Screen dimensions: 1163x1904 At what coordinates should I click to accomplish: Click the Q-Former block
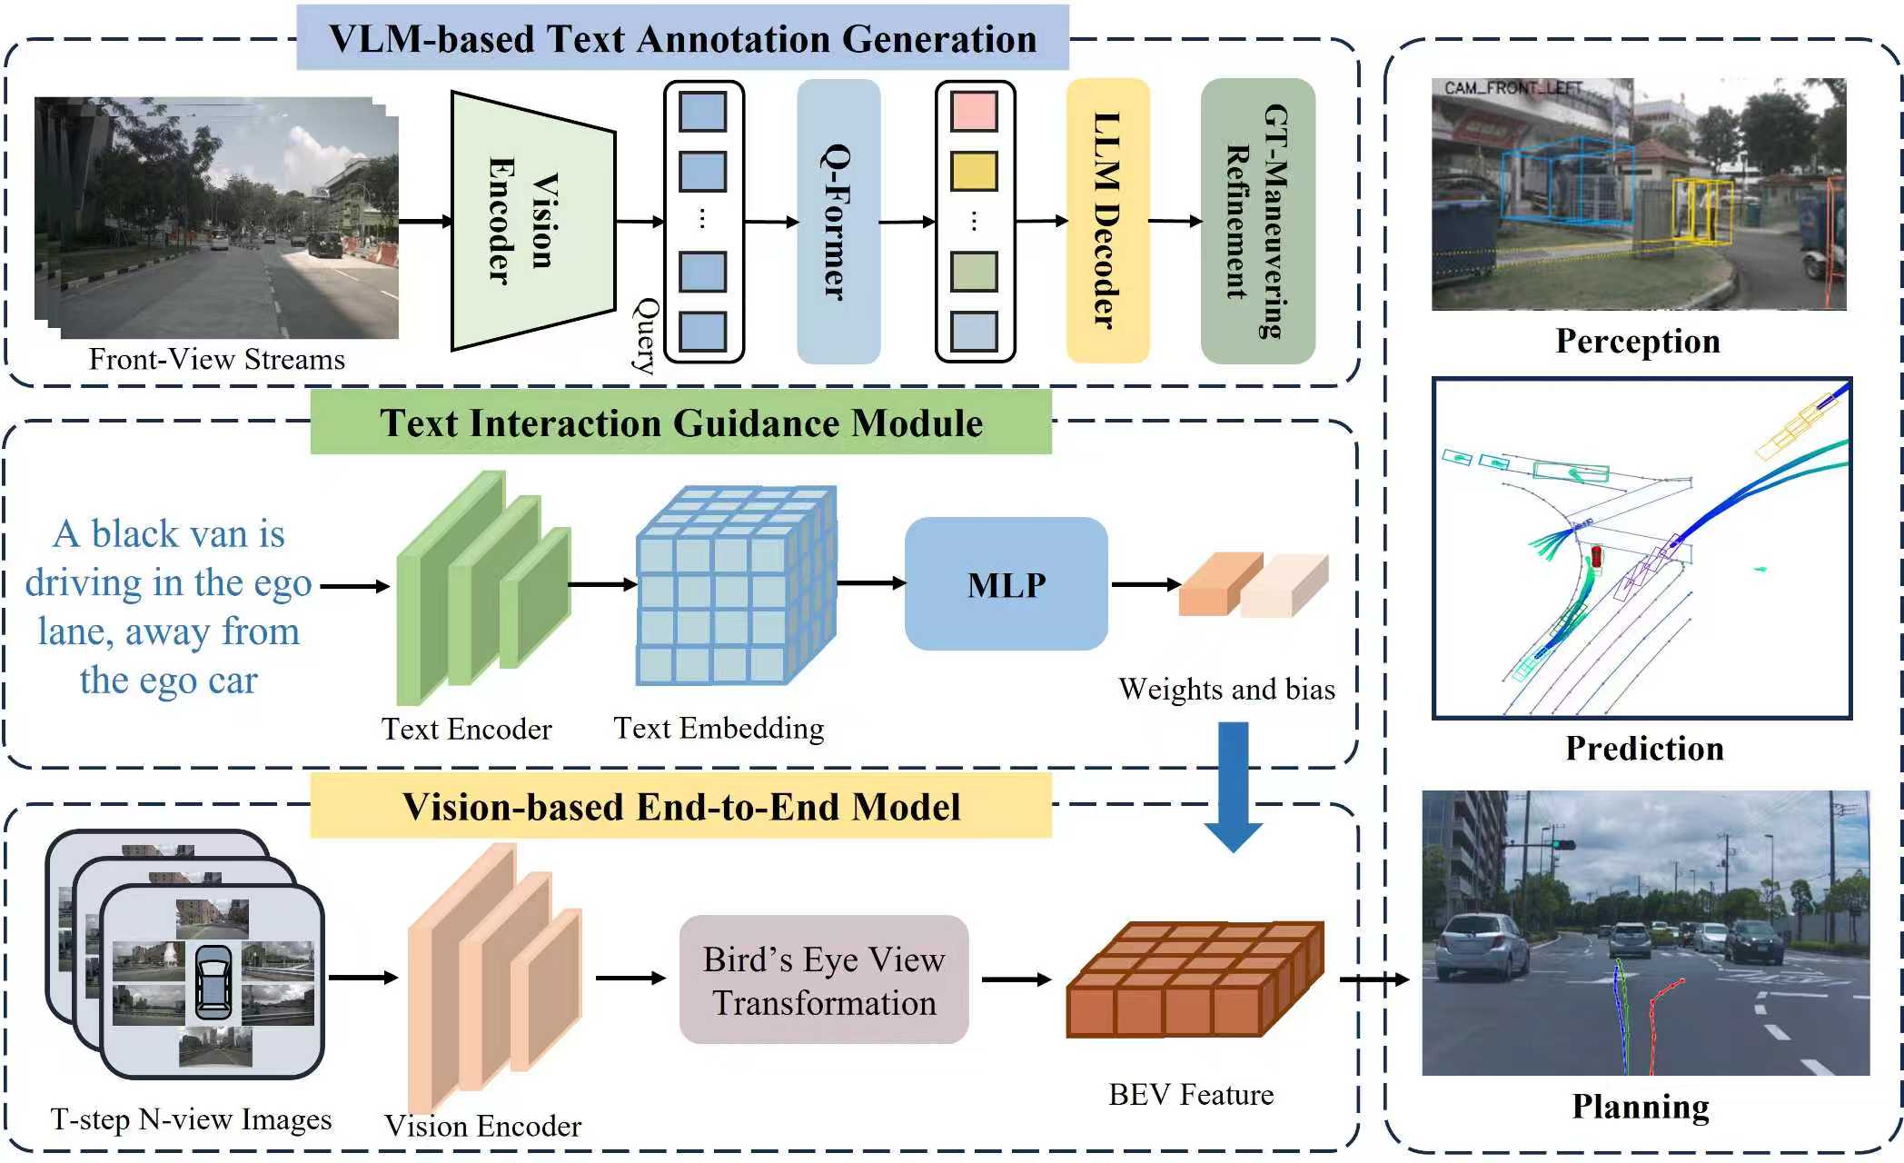[x=838, y=222]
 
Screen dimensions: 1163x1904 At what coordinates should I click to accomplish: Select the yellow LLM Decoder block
[x=1107, y=221]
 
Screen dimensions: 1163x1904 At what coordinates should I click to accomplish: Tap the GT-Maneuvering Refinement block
[x=1257, y=221]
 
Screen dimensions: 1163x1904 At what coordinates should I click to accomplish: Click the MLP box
[x=1006, y=584]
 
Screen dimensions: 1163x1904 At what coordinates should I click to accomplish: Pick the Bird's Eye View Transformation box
[x=823, y=979]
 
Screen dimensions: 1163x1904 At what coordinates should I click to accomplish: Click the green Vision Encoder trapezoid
[x=532, y=221]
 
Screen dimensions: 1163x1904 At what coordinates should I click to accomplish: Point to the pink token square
[x=974, y=111]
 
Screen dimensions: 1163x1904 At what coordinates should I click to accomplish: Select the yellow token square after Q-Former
[x=974, y=171]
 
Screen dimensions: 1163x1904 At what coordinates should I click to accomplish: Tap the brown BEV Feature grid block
[x=1194, y=980]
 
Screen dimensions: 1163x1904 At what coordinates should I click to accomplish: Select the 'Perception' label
[x=1637, y=342]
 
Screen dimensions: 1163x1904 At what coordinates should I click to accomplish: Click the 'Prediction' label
[x=1643, y=749]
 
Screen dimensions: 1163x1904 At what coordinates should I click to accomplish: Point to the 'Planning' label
[x=1640, y=1107]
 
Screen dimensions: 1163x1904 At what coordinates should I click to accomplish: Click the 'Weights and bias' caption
[x=1226, y=690]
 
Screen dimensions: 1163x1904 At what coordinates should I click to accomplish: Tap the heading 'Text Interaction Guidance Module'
[x=680, y=423]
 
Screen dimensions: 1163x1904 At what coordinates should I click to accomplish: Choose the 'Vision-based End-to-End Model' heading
[x=680, y=807]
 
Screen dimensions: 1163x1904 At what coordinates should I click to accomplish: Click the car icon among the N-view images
[x=213, y=982]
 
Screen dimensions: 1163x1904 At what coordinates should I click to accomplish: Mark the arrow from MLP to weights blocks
[x=1145, y=584]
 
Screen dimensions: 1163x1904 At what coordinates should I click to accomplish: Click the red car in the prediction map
[x=1596, y=556]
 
